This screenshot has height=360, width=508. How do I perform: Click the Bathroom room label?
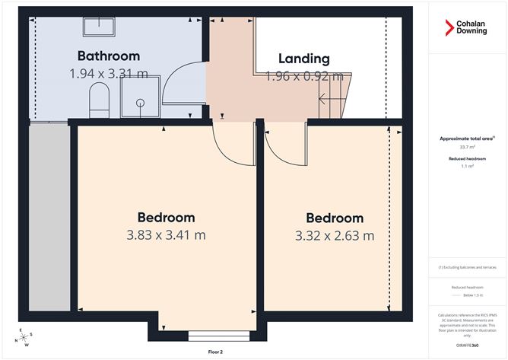109,56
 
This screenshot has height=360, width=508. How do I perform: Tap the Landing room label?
304,59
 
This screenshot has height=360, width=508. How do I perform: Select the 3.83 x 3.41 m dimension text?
166,235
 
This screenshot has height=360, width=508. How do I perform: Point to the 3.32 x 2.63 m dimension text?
335,235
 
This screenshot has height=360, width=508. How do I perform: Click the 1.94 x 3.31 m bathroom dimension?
109,74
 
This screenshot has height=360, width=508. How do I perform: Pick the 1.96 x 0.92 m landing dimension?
304,76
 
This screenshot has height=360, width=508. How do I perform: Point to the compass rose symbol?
25,336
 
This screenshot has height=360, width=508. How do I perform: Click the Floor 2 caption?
215,352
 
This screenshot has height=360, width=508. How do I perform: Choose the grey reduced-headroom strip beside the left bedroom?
48,221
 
